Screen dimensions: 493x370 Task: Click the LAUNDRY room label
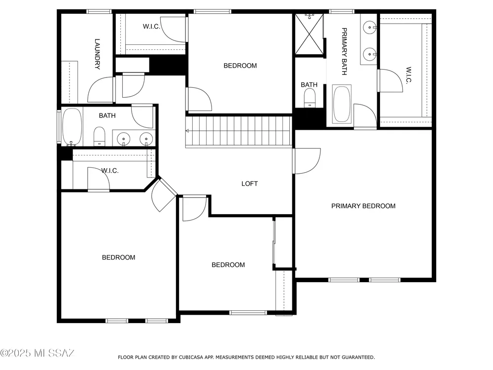pyautogui.click(x=98, y=54)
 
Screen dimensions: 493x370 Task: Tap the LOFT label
pyautogui.click(x=249, y=184)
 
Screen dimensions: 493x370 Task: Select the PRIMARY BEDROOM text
pyautogui.click(x=363, y=206)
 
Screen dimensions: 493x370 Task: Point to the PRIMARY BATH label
pyautogui.click(x=344, y=52)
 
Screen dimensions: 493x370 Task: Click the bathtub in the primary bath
pyautogui.click(x=342, y=104)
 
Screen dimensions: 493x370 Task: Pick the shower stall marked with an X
pyautogui.click(x=310, y=35)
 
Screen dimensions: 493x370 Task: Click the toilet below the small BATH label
pyautogui.click(x=310, y=98)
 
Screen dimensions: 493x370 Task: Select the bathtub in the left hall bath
pyautogui.click(x=72, y=127)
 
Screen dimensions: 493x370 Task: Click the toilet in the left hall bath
pyautogui.click(x=100, y=137)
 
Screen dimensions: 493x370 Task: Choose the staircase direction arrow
pyautogui.click(x=187, y=131)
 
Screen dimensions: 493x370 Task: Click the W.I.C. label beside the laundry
pyautogui.click(x=151, y=27)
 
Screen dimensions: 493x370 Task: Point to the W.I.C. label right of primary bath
pyautogui.click(x=408, y=75)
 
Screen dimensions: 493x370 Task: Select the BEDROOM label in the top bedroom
pyautogui.click(x=240, y=66)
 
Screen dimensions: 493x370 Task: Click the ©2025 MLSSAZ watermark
pyautogui.click(x=37, y=353)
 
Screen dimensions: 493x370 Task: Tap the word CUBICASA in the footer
pyautogui.click(x=192, y=357)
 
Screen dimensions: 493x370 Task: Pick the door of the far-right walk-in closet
pyautogui.click(x=390, y=81)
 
